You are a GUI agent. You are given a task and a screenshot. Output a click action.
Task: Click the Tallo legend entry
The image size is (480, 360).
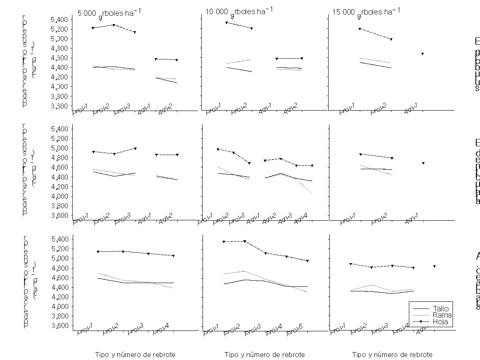pos(440,308)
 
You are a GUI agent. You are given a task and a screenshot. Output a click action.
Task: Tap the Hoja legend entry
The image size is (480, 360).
pos(440,322)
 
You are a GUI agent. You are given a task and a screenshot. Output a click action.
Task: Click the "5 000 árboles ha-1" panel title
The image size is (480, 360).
pos(109,12)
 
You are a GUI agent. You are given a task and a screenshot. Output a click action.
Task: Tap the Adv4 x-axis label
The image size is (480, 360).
pos(300,219)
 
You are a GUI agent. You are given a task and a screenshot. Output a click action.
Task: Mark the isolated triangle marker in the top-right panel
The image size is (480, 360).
pos(422,54)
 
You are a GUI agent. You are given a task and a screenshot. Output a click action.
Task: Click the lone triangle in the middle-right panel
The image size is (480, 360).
pos(423,163)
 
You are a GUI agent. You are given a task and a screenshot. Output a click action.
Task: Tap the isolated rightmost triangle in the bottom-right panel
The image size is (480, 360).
pos(434,266)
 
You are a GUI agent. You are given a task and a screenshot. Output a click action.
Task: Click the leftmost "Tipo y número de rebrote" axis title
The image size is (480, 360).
pos(135,355)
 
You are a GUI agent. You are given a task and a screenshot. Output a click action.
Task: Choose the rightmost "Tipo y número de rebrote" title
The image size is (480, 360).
pos(392,355)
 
